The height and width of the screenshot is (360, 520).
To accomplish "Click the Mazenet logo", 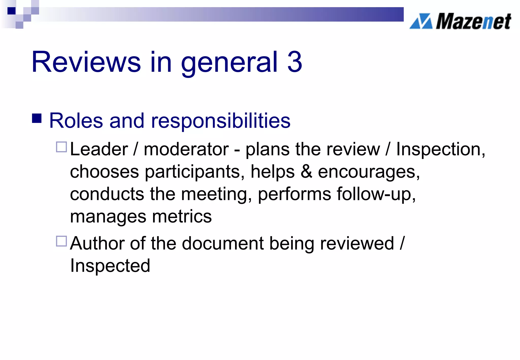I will click(x=460, y=21).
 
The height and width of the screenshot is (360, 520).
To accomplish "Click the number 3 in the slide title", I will click(x=295, y=62).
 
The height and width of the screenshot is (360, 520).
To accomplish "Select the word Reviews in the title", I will click(x=86, y=62).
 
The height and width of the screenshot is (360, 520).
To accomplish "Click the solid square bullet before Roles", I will click(x=37, y=118).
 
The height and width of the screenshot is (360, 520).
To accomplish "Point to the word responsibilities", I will click(x=220, y=121).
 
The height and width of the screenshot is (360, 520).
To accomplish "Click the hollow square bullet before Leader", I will click(x=61, y=147).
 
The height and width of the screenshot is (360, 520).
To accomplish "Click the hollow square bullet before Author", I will click(x=61, y=241).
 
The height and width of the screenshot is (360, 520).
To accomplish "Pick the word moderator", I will click(x=186, y=149).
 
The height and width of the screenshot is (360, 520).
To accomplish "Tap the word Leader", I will click(x=99, y=149).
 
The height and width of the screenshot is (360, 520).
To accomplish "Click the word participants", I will click(x=195, y=172).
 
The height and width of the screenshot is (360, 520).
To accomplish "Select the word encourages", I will click(x=369, y=172).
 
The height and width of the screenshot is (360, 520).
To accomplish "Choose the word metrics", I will click(x=182, y=216).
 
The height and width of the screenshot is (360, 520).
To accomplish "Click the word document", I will click(x=223, y=243).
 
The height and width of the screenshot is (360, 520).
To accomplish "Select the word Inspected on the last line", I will click(x=110, y=266).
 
